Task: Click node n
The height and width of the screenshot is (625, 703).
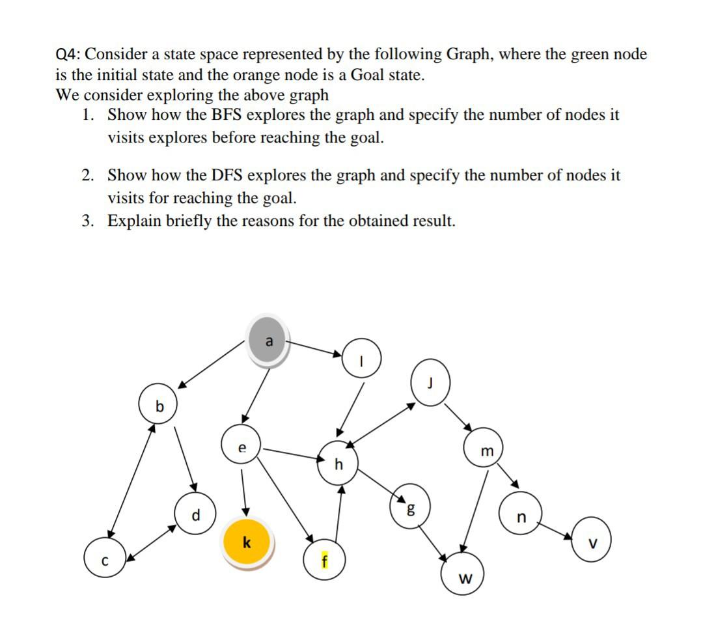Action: (520, 518)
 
